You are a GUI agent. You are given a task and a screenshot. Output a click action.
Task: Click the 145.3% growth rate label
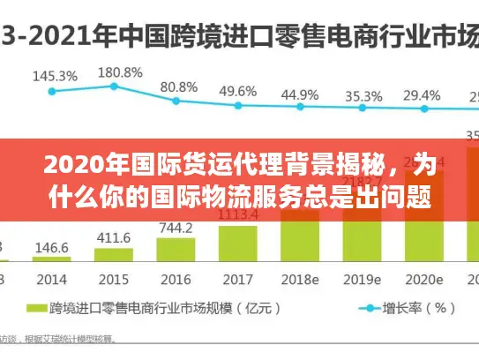(54, 76)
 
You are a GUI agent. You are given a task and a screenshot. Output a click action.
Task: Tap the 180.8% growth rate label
(120, 72)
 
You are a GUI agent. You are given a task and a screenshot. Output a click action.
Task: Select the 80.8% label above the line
(179, 86)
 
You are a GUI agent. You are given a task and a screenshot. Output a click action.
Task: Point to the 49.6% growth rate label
(237, 91)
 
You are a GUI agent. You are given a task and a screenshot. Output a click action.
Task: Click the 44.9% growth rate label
(300, 94)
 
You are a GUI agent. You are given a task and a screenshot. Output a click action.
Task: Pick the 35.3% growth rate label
(363, 95)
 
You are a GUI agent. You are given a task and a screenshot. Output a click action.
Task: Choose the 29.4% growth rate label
(421, 95)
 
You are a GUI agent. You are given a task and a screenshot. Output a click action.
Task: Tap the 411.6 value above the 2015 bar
(113, 237)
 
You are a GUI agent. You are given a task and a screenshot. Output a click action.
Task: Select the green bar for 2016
(176, 251)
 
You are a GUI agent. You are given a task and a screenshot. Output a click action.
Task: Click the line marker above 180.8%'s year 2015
(114, 86)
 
